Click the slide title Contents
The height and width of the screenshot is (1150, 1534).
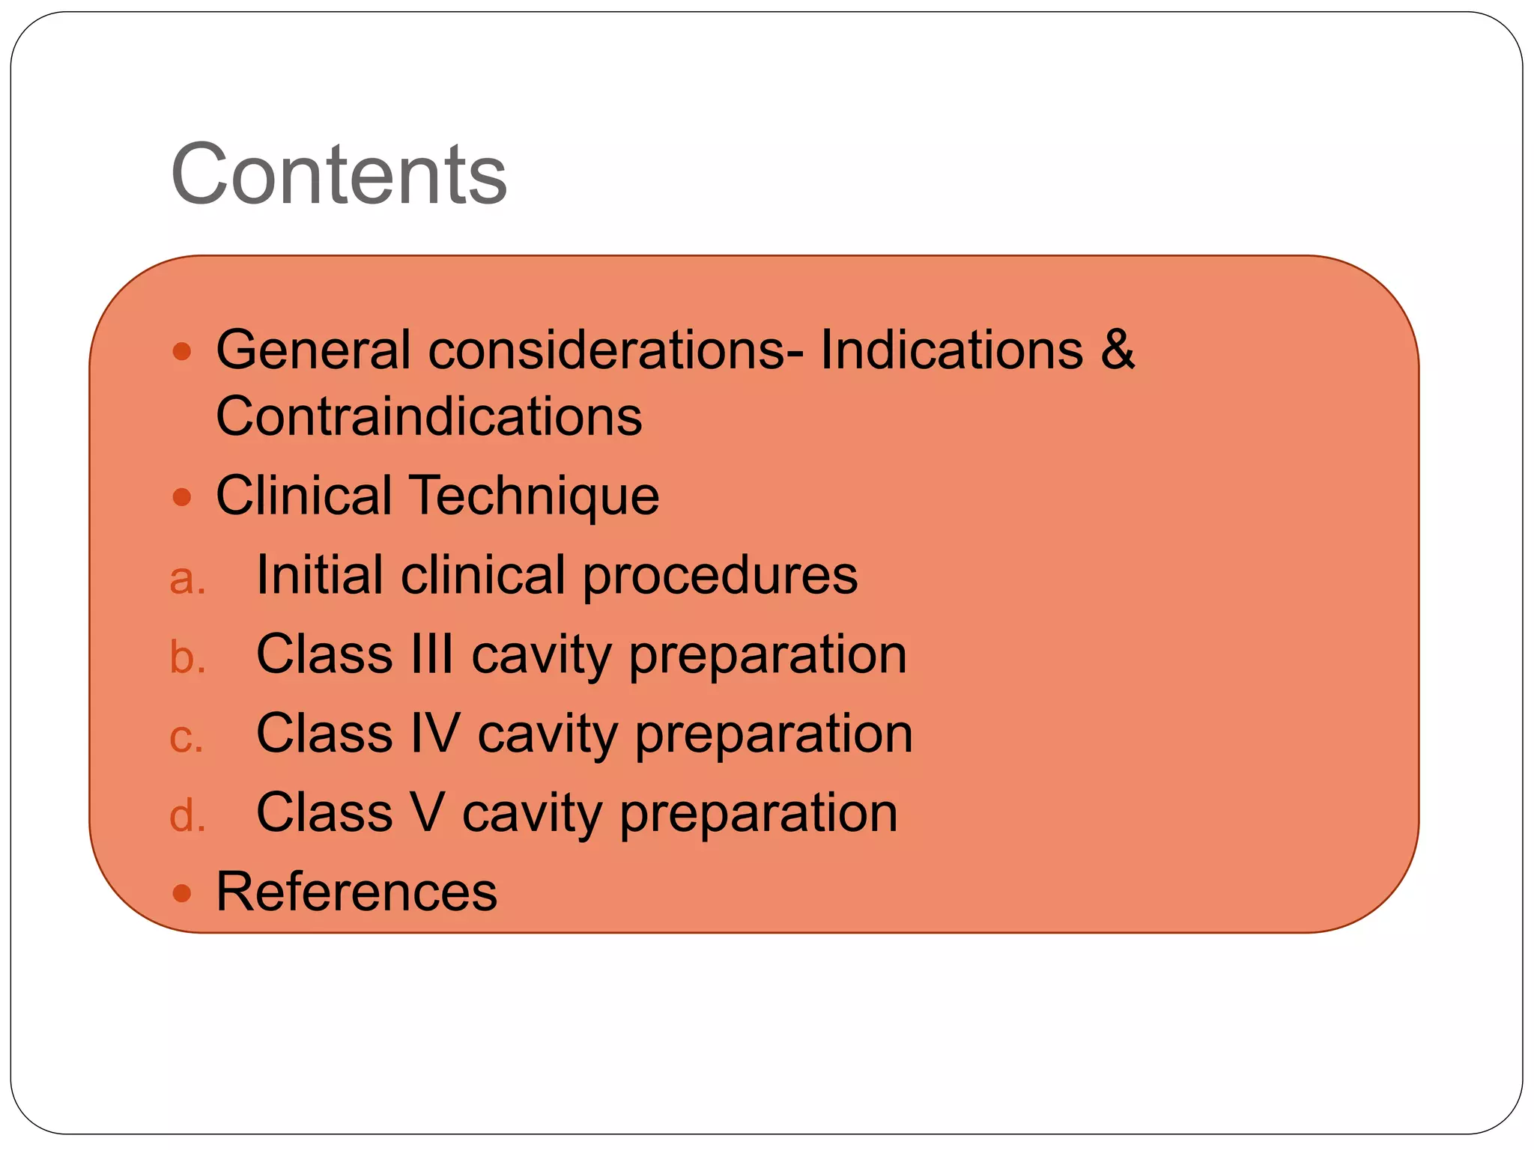[339, 174]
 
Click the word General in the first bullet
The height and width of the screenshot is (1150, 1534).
[313, 350]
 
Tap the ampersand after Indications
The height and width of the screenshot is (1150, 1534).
[1118, 349]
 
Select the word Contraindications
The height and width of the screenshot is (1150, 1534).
[428, 416]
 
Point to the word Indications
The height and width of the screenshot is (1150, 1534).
[951, 350]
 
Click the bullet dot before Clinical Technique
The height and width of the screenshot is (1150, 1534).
[182, 496]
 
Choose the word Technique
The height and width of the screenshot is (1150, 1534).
[535, 496]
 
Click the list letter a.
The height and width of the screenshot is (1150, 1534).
[187, 579]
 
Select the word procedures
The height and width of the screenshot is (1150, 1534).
[720, 576]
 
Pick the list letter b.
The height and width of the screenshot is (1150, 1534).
[187, 657]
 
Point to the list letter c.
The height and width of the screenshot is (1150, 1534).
[186, 737]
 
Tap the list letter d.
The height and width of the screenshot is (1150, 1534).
[187, 815]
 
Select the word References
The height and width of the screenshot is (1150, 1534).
[357, 892]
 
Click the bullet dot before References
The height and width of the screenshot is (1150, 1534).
[182, 892]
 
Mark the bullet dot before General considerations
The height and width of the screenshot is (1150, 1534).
[182, 350]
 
